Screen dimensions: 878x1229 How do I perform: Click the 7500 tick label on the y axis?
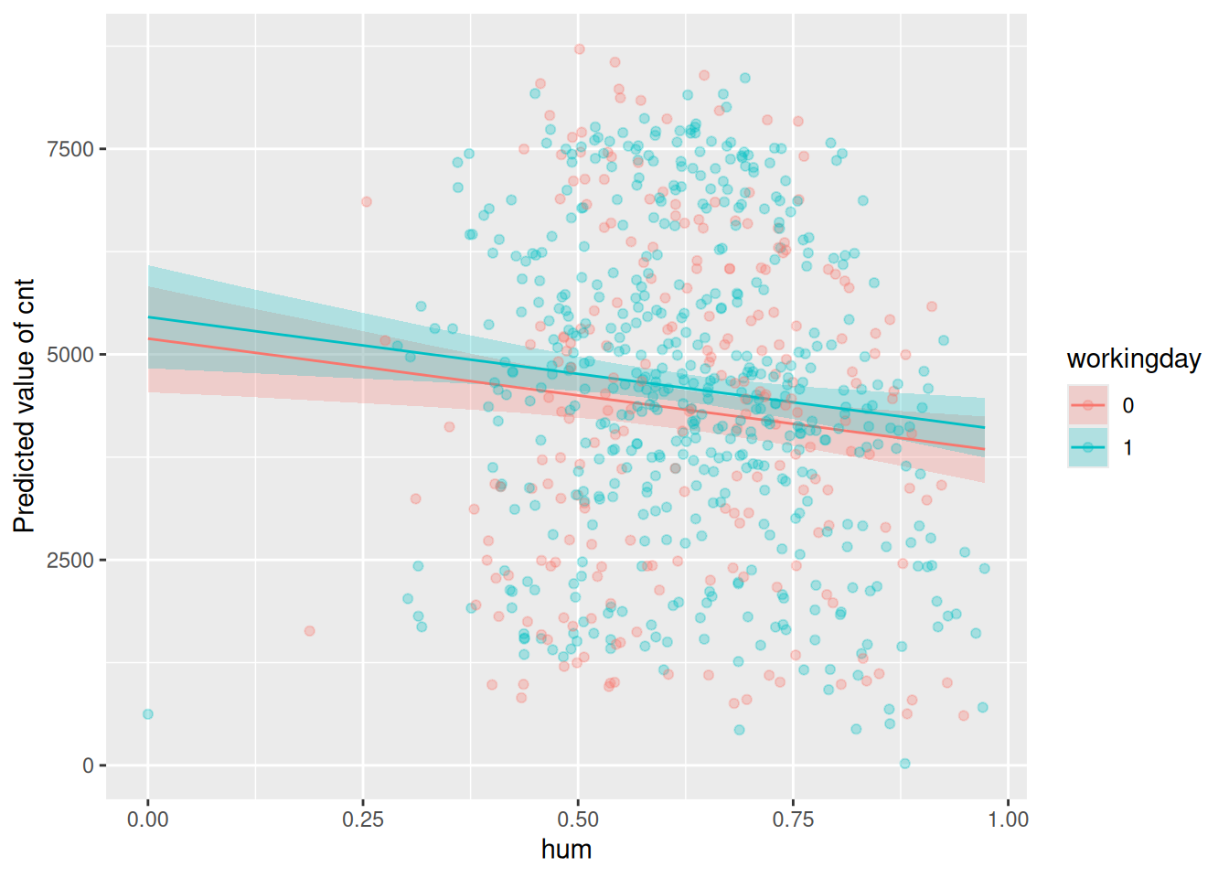tap(70, 149)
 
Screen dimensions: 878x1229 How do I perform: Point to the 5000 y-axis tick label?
tap(70, 355)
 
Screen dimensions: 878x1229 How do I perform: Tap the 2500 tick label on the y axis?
tap(70, 560)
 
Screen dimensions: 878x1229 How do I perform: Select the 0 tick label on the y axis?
tap(88, 766)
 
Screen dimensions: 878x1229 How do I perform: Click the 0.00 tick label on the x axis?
tap(147, 819)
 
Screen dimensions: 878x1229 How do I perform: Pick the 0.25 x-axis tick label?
tap(363, 819)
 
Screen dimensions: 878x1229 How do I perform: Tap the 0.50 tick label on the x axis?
tap(578, 819)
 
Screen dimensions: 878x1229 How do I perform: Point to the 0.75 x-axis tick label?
tap(793, 819)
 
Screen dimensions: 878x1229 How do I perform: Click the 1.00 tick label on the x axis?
tap(1008, 819)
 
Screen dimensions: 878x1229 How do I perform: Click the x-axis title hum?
tap(566, 850)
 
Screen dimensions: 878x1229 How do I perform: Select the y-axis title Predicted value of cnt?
tap(24, 405)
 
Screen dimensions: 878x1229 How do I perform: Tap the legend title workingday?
tap(1133, 359)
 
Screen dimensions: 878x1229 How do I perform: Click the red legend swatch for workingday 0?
tap(1088, 405)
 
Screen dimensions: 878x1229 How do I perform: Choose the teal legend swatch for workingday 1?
tap(1088, 447)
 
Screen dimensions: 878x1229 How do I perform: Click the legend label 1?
tap(1128, 447)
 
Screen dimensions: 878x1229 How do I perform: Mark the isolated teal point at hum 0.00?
tap(148, 714)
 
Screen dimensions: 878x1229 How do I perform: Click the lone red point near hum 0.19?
tap(309, 631)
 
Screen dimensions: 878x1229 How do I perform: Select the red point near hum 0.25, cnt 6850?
tap(367, 202)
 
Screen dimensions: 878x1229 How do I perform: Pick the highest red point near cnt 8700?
tap(579, 49)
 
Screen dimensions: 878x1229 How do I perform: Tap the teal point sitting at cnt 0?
tap(904, 764)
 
